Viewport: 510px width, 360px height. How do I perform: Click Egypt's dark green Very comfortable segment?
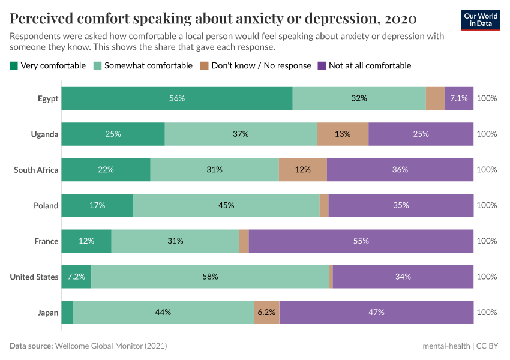coord(176,98)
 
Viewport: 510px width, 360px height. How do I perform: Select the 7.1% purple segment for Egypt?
coord(459,98)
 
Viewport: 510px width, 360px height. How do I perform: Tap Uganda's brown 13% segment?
coord(343,134)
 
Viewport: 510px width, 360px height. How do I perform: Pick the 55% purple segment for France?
coord(361,241)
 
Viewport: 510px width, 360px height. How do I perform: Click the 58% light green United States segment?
coord(210,277)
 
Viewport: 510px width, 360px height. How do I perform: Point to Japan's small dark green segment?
coord(67,312)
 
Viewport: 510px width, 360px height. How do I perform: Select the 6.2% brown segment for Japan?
coord(266,312)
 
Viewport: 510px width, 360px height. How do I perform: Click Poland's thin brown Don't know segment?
coord(324,205)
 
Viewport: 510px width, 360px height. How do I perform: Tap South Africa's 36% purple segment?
coord(400,169)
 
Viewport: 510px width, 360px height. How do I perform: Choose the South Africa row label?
coord(36,170)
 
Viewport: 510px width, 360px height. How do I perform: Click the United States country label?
coord(34,277)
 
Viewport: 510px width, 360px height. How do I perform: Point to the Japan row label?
coord(48,312)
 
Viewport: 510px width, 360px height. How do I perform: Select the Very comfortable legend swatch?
coord(14,65)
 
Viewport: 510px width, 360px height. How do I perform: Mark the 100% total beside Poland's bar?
coord(487,205)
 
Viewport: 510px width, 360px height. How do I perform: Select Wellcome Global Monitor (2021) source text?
coord(111,346)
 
